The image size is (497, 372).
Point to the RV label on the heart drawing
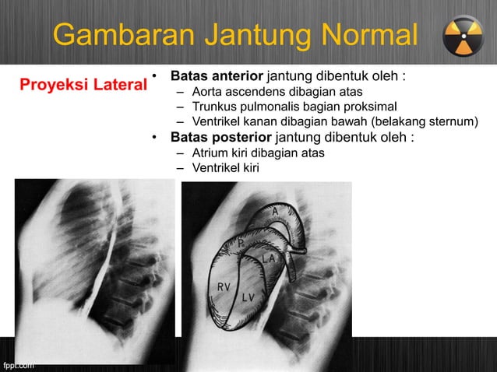224,286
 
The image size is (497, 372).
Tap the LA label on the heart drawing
267,258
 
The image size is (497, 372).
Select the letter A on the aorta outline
276,212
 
